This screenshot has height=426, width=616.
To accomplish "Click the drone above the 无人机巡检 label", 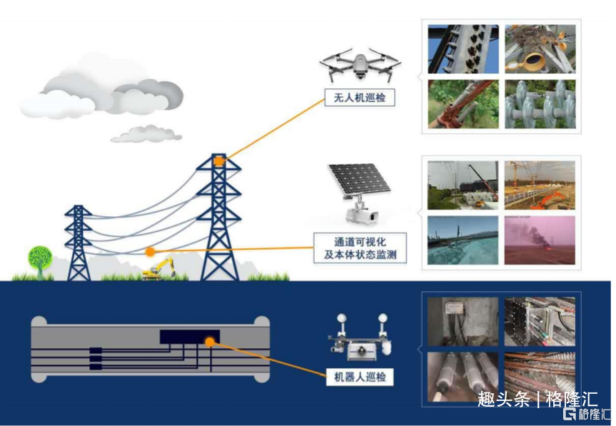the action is (360, 65).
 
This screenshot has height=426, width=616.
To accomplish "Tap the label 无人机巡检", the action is (360, 97).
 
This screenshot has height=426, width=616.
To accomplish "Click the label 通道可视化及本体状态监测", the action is (360, 248).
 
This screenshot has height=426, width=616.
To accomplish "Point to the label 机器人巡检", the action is (360, 377).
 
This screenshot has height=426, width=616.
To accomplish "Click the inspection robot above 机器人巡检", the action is (360, 338).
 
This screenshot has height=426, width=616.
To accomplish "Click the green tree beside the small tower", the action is (40, 261).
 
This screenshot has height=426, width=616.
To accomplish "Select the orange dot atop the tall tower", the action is (219, 161).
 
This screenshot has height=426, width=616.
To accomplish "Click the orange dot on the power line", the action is (150, 252).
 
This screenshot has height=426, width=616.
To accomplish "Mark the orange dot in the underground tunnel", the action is (210, 342).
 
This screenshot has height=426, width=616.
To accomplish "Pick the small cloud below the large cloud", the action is (146, 134).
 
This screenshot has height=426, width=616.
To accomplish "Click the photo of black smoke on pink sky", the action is (540, 240).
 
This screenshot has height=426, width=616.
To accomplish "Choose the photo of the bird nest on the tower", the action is (540, 49).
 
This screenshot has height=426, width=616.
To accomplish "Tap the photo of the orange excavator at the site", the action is (540, 185).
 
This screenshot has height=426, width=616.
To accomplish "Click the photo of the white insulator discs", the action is (540, 104).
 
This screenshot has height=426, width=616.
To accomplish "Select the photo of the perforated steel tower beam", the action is (463, 49).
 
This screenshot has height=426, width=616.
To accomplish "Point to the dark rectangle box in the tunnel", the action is (190, 337).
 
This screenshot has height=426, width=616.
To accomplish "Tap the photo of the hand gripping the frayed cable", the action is (463, 104).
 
